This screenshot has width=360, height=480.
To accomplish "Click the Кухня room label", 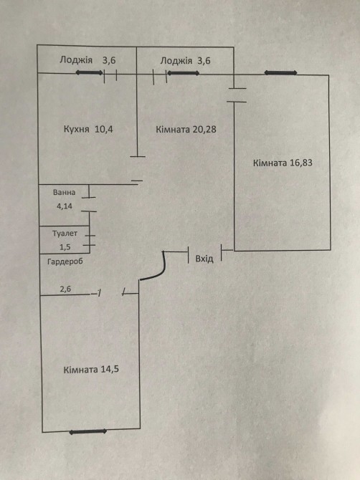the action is click(76, 129).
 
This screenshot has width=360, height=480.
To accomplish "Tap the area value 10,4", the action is click(104, 129).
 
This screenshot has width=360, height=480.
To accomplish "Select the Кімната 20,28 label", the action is click(186, 130).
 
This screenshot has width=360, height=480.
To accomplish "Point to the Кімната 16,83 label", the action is click(283, 163).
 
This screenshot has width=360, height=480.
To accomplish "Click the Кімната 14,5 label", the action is click(91, 370).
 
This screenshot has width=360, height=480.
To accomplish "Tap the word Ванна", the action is click(64, 192).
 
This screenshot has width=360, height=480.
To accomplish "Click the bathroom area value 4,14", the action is click(65, 206).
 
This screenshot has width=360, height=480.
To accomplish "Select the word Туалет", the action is click(65, 234).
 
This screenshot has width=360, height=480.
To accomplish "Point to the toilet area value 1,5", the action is click(65, 247).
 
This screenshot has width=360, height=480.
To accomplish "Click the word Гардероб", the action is click(65, 261).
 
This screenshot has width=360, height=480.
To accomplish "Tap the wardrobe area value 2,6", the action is click(65, 289).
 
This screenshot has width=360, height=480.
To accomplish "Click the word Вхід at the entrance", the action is click(204, 259).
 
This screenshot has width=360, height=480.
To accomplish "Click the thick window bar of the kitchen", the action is click(89, 73).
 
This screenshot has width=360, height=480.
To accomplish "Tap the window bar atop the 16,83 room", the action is click(280, 73).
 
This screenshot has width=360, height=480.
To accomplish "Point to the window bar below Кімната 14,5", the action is click(88, 431).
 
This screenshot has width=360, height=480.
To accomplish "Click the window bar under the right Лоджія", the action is click(183, 73).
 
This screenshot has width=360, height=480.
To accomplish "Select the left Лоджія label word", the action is click(76, 59).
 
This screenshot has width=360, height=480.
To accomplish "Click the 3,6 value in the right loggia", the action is click(204, 61).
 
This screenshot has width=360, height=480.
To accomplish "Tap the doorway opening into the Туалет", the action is click(90, 240).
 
